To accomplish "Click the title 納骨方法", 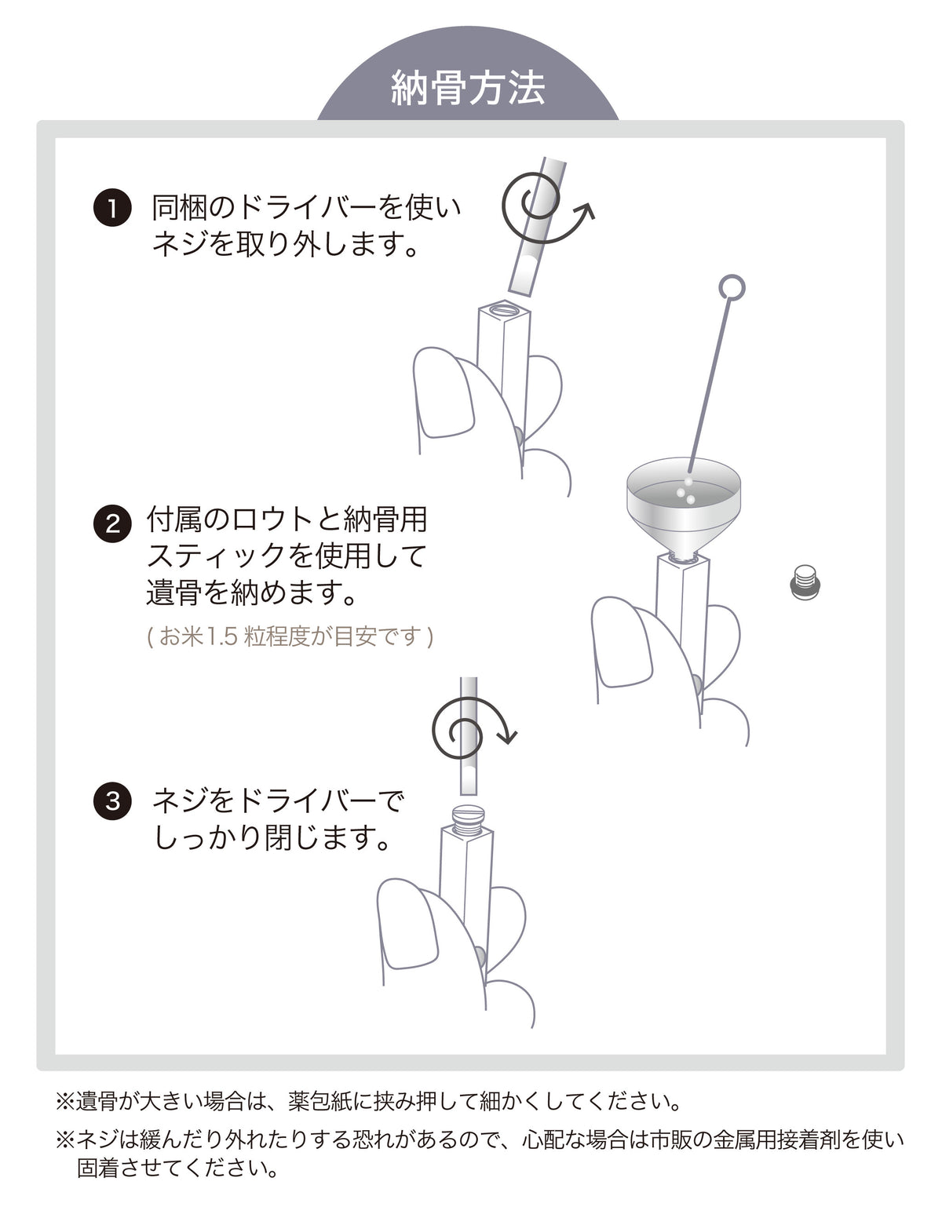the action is [468, 88].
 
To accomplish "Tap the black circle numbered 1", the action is [112, 209].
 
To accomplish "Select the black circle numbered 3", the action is [112, 800].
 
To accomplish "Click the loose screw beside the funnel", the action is [805, 582].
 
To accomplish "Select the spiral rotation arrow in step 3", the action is [472, 729].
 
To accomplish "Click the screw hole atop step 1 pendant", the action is [506, 307].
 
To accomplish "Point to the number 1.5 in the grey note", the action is [222, 636].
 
